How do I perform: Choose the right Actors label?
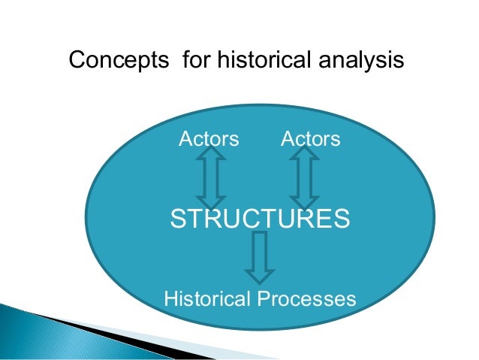click(x=310, y=139)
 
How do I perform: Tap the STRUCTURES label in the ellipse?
click(x=260, y=219)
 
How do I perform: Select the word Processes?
click(x=306, y=299)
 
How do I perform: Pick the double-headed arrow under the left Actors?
click(x=211, y=178)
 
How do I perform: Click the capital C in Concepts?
click(x=75, y=60)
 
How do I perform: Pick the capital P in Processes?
click(x=264, y=299)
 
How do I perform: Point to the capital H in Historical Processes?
click(x=170, y=299)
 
